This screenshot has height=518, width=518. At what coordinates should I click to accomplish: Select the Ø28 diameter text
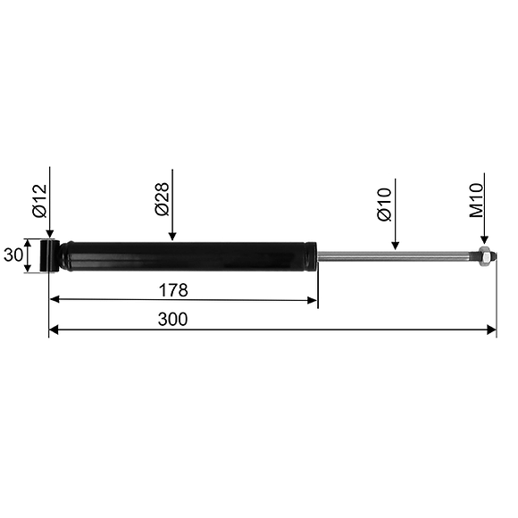click(x=162, y=199)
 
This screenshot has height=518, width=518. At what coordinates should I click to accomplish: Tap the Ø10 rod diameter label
click(x=384, y=205)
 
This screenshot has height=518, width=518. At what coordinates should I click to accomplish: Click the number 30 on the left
click(x=13, y=255)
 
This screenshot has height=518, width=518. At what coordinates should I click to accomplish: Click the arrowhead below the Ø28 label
click(x=173, y=235)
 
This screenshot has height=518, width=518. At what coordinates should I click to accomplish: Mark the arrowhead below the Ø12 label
click(x=50, y=233)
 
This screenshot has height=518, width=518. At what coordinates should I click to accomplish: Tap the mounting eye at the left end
click(x=50, y=255)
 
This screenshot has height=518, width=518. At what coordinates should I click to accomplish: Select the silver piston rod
click(x=393, y=257)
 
